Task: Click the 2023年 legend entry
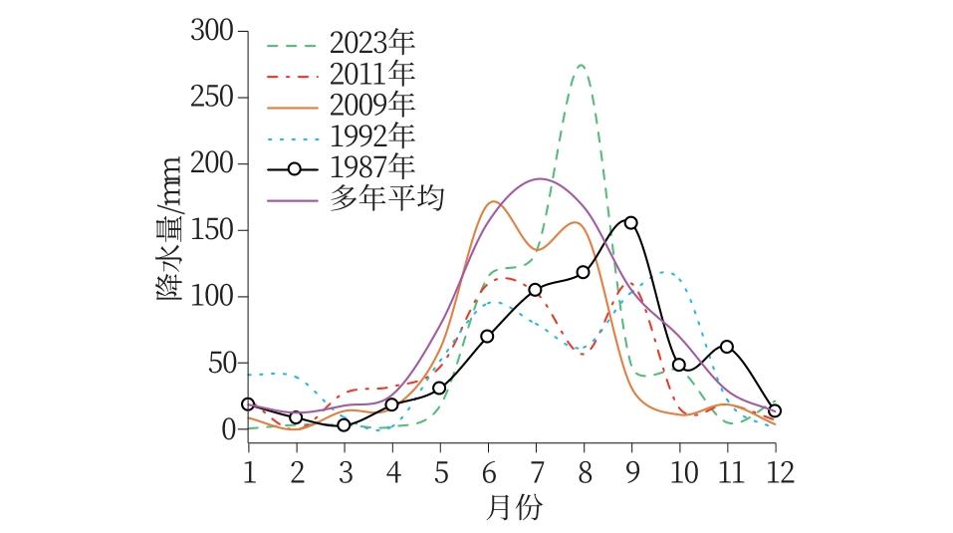point(371,44)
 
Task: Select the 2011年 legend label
point(371,74)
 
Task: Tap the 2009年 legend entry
point(371,105)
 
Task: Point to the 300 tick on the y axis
point(211,32)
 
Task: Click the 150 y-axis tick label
point(211,230)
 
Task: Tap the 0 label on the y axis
point(227,429)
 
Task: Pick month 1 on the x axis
point(248,470)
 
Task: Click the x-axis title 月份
point(514,508)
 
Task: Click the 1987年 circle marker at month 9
point(630,223)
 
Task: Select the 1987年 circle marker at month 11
point(727,347)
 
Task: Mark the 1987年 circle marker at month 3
point(344,424)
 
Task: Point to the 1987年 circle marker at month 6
point(487,336)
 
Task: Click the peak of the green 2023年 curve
point(580,66)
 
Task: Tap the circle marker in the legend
point(294,168)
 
